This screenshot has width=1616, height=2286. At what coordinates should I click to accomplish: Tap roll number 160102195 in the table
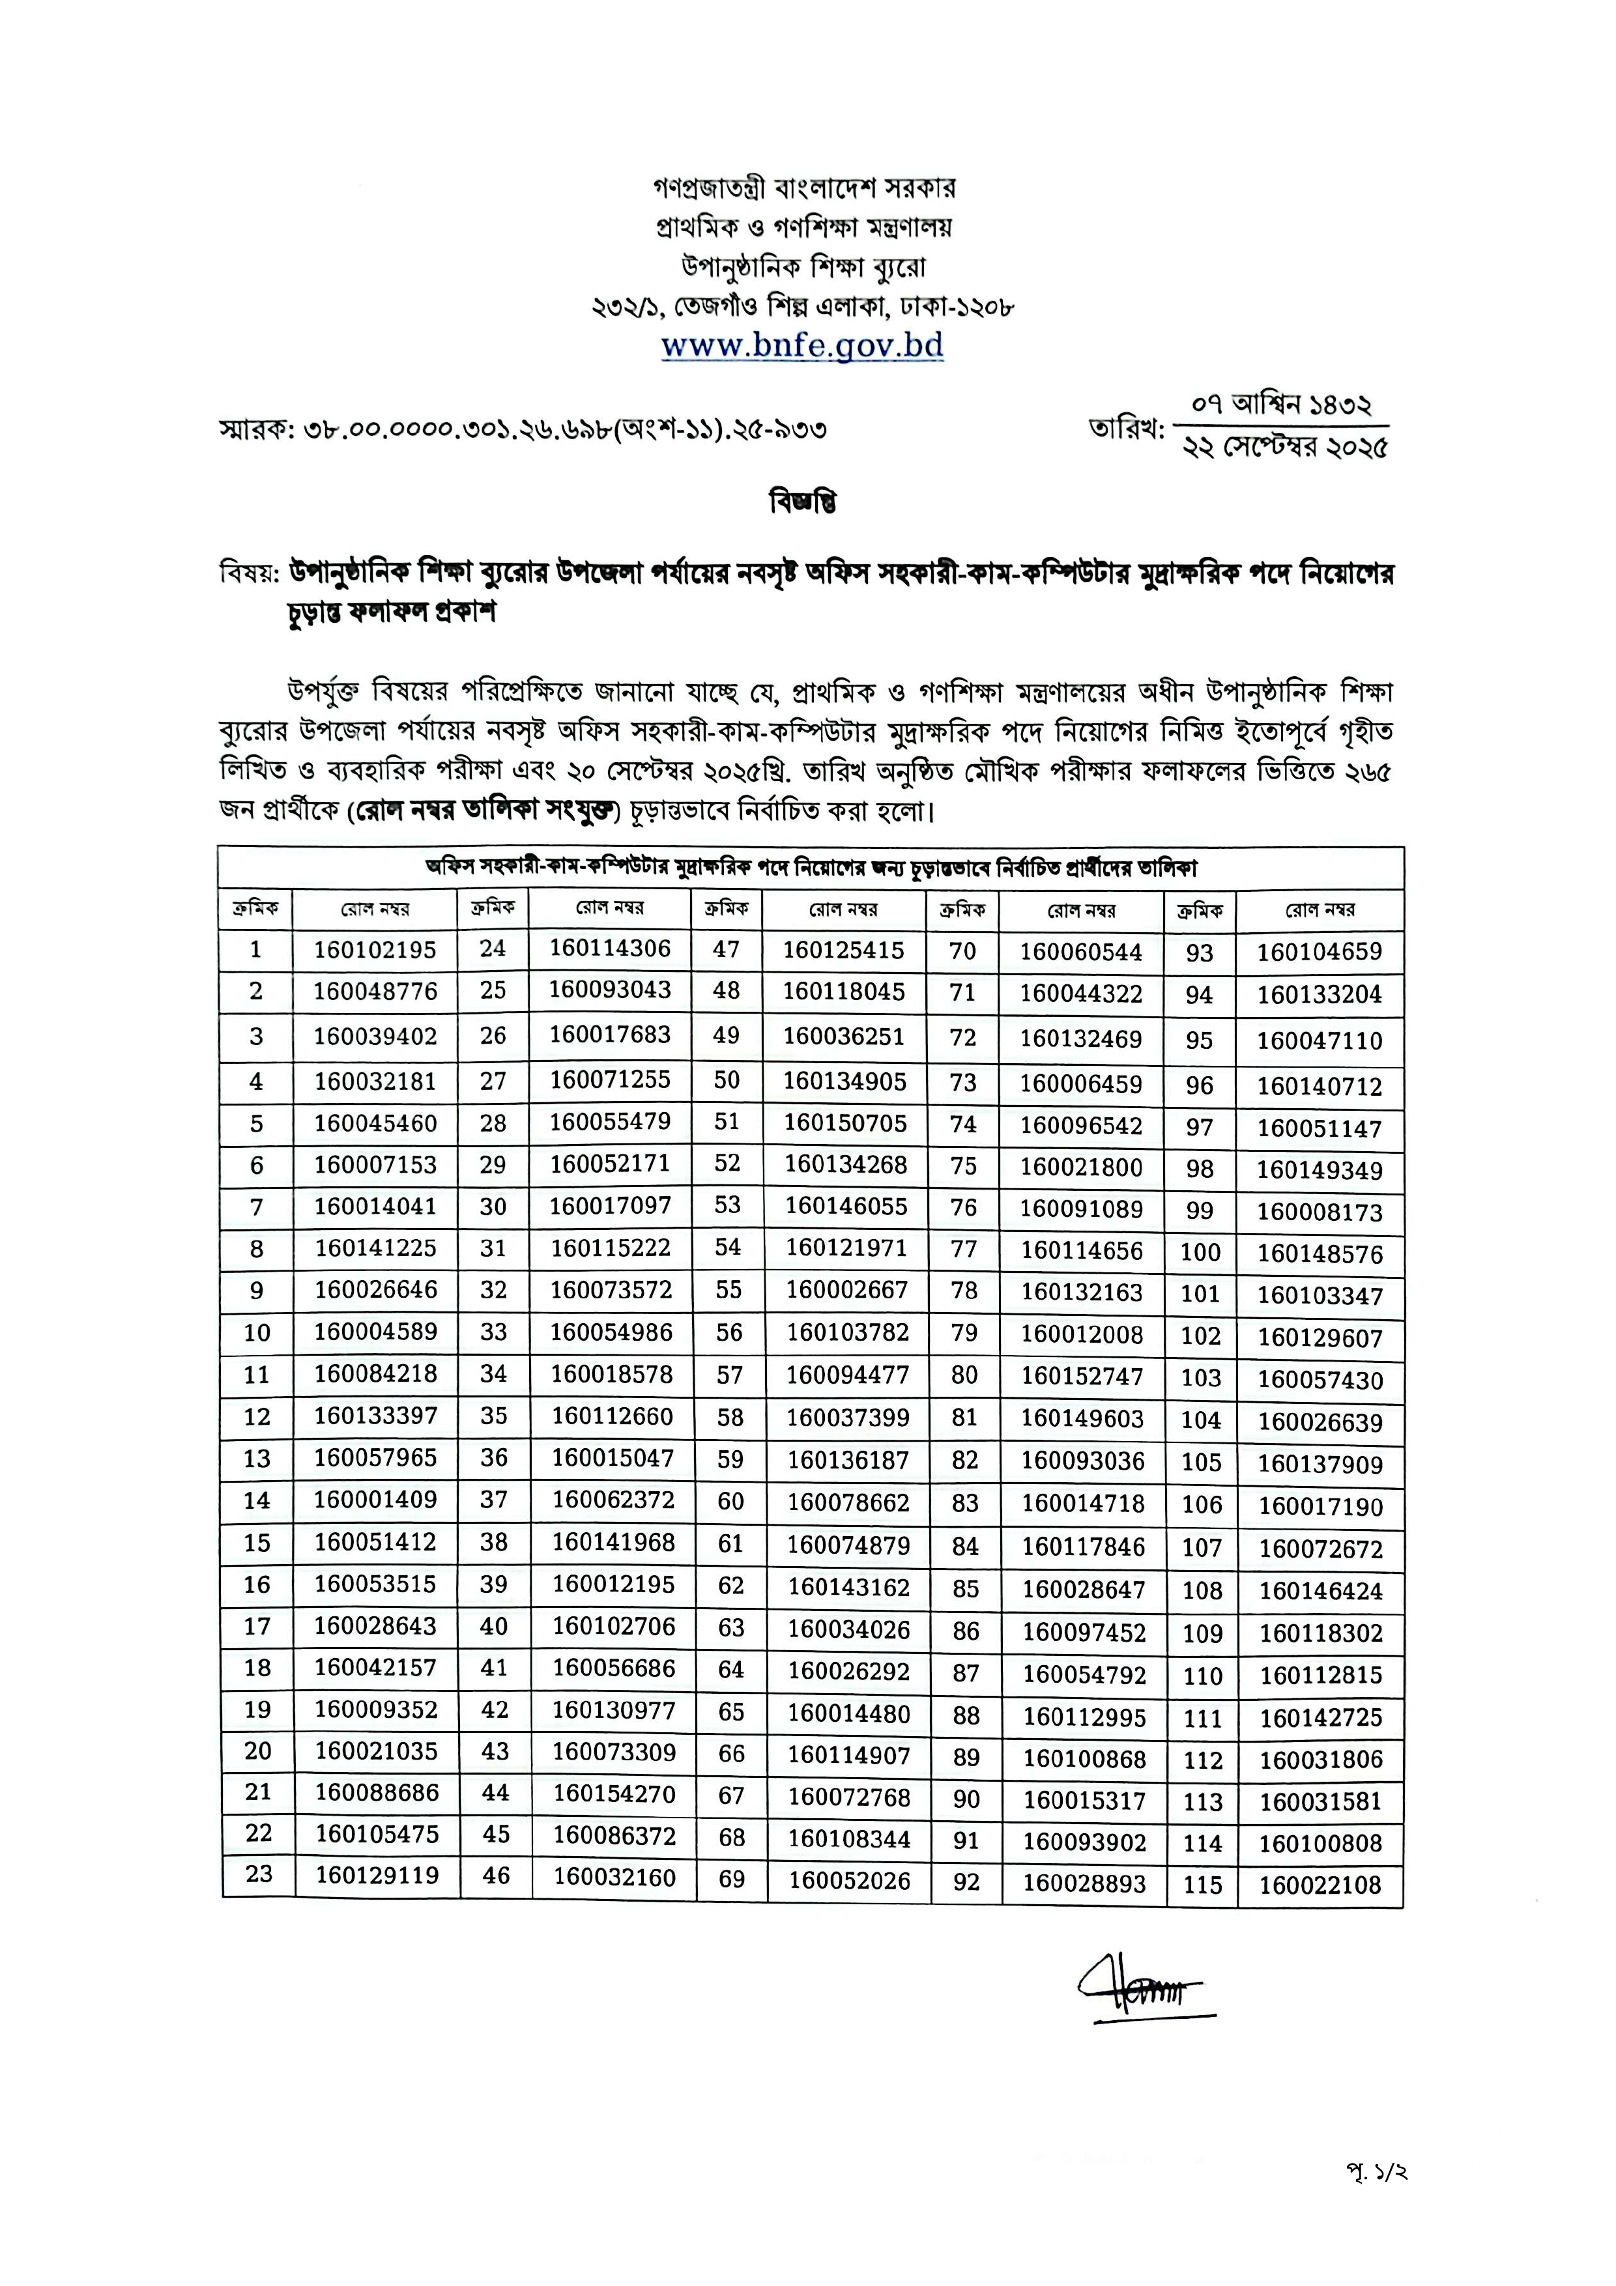click(x=375, y=950)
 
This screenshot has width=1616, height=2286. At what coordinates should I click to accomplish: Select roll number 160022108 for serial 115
click(x=1320, y=1885)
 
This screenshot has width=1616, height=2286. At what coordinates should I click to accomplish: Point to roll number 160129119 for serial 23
click(x=377, y=1876)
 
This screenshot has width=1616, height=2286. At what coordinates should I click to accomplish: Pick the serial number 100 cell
click(x=1200, y=1253)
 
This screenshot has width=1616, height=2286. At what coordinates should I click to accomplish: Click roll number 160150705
click(x=845, y=1123)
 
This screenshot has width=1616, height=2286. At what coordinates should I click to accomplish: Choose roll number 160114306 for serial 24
click(x=611, y=948)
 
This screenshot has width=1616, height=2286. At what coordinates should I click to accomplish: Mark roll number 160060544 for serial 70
click(x=1080, y=952)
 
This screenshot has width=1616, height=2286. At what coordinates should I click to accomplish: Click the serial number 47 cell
click(x=726, y=949)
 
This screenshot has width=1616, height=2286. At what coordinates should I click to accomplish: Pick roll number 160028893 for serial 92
click(x=1084, y=1883)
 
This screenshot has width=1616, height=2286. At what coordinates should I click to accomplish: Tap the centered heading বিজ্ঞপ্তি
click(x=803, y=502)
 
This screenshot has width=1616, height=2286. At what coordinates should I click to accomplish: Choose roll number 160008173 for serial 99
click(x=1320, y=1212)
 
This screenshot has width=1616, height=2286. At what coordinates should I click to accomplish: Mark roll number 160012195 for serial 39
click(x=613, y=1584)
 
